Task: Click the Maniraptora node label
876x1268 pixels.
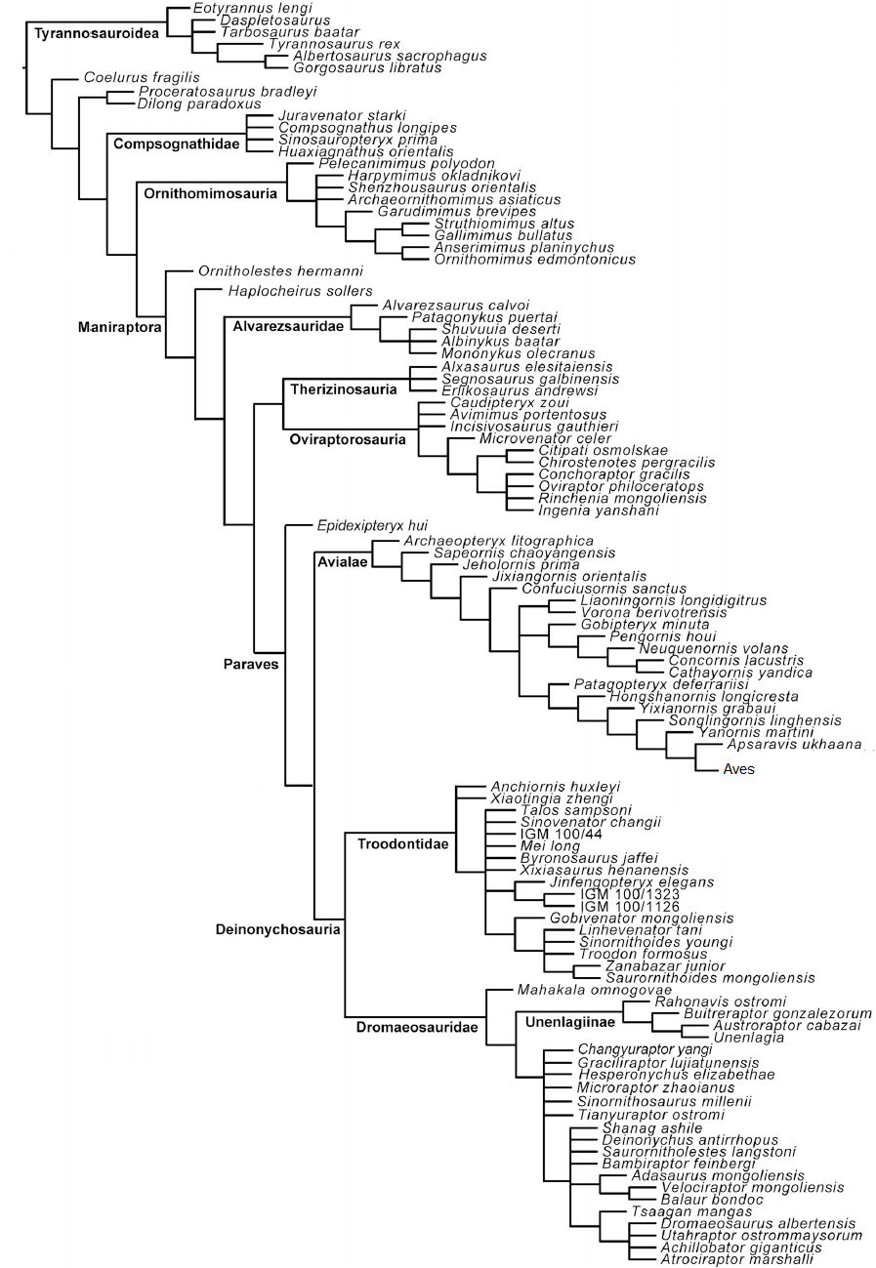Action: click(119, 327)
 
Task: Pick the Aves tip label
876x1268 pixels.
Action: click(739, 769)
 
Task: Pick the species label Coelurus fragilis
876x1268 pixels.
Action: click(142, 77)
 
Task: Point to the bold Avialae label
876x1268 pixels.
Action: click(342, 561)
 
